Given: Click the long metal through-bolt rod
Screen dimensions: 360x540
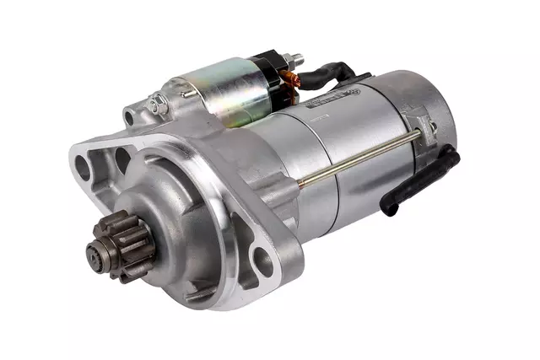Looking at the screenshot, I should pos(363,155).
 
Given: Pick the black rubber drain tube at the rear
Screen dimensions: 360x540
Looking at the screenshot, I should pos(422,181).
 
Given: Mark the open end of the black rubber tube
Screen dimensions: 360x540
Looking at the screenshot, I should pos(390,207).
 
